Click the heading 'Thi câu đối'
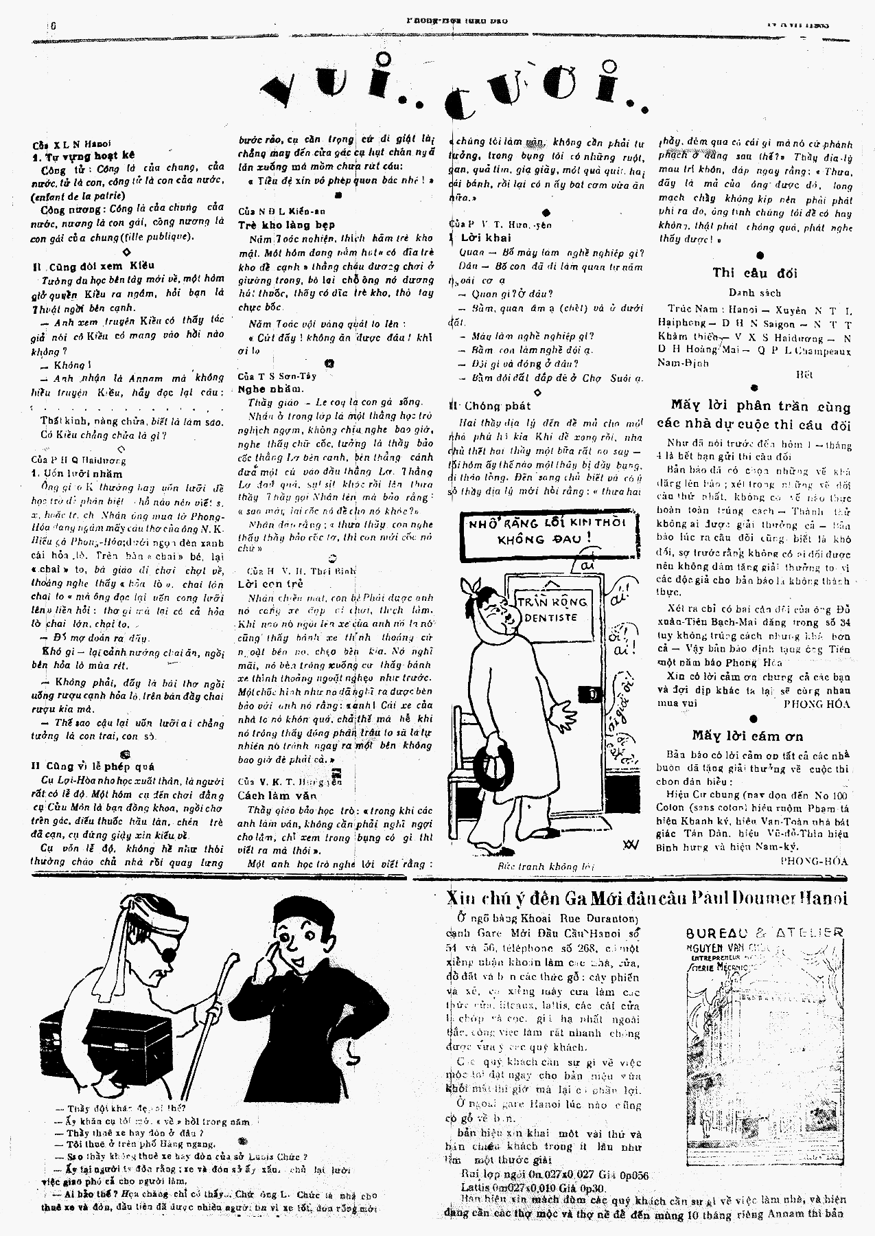[x=754, y=273]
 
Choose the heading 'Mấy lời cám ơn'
[x=747, y=735]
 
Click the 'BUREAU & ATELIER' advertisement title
[x=765, y=932]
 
